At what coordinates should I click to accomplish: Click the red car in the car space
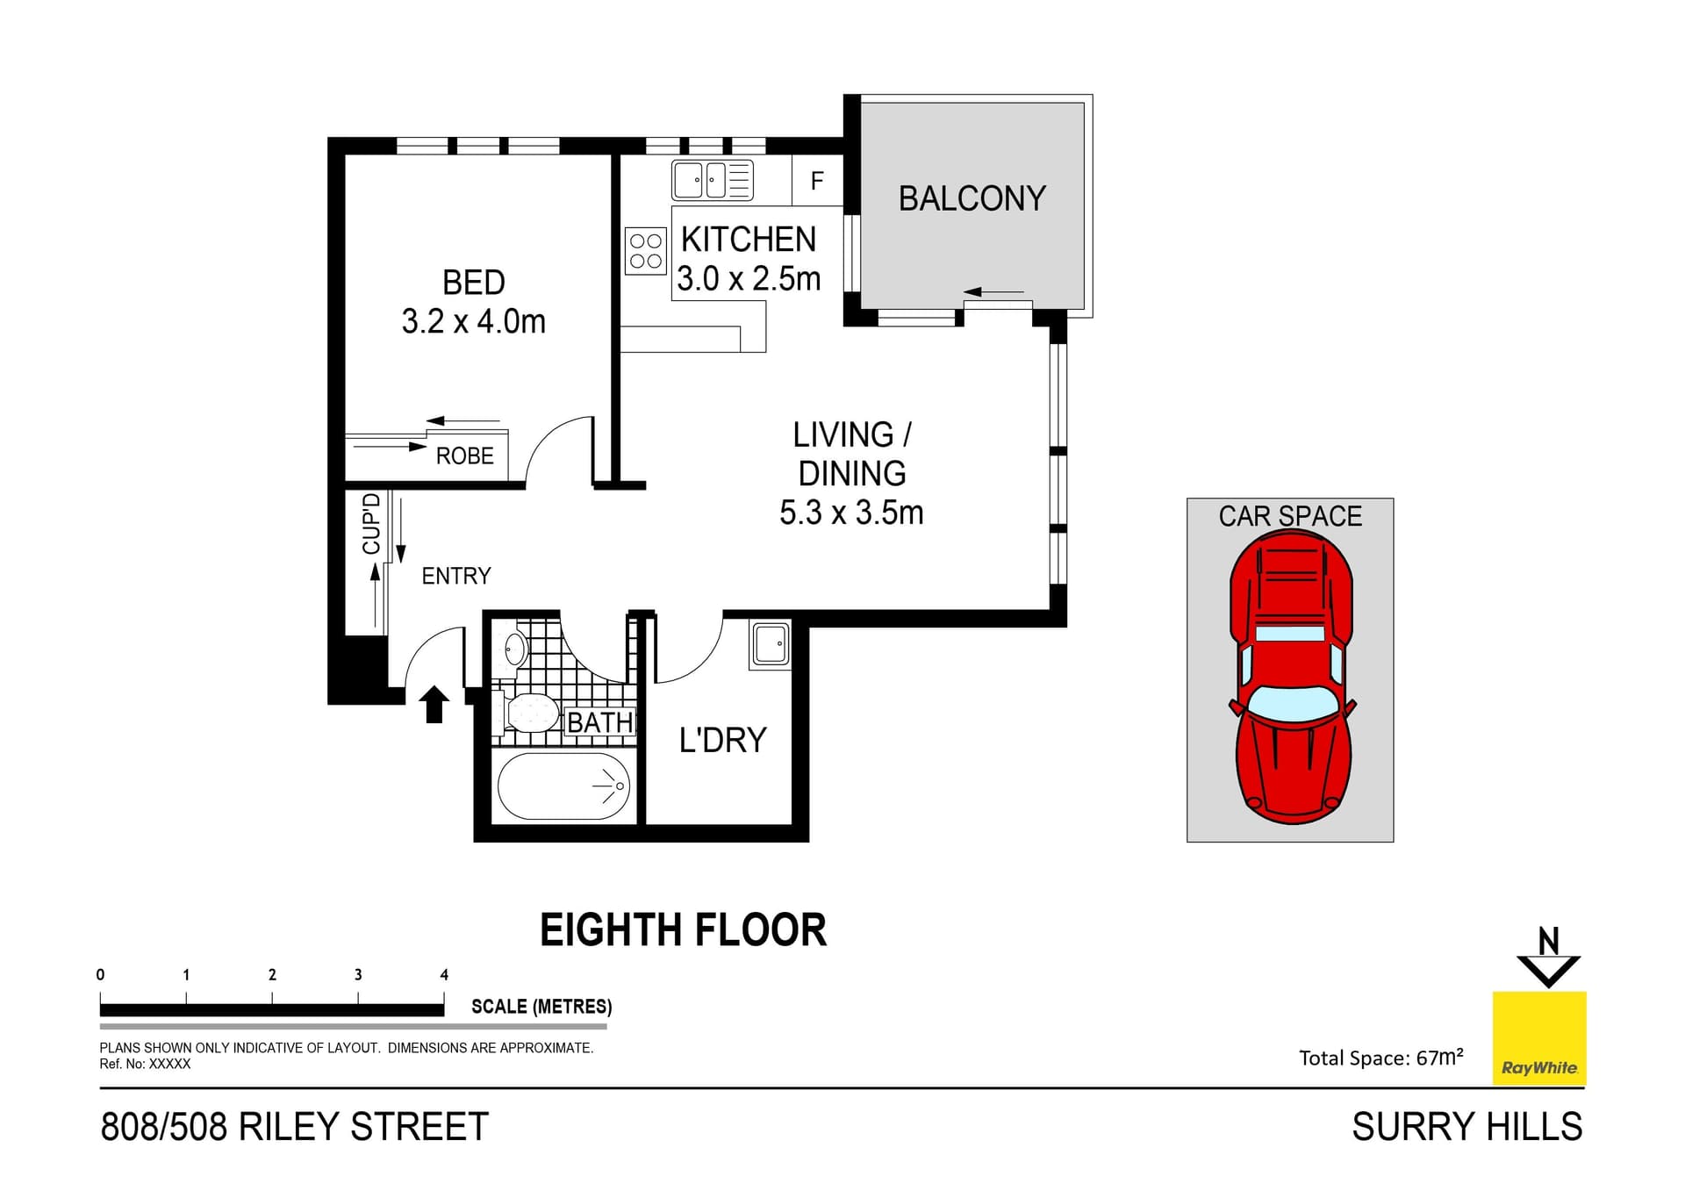pos(1291,676)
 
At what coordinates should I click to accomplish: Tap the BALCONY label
pos(972,198)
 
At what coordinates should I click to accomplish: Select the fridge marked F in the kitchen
pos(817,181)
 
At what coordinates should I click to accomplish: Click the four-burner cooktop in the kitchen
pos(646,250)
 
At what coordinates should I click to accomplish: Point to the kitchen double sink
pos(712,180)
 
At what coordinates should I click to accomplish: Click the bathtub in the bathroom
pos(563,786)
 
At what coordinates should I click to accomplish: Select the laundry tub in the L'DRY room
pos(770,645)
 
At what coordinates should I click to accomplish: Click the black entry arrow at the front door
pos(434,704)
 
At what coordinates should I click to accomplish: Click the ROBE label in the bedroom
pos(464,456)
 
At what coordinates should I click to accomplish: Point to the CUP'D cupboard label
pos(372,524)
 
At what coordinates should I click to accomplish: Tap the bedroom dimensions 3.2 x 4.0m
pos(473,322)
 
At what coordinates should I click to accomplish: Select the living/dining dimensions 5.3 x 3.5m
pos(850,513)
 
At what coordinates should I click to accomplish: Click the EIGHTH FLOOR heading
pos(683,930)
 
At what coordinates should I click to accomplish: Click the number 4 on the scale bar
pos(444,974)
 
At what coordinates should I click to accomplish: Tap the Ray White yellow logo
pos(1539,1038)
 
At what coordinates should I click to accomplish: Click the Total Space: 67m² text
pos(1380,1057)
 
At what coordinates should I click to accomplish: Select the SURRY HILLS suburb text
pos(1466,1127)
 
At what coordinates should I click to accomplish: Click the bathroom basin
pos(515,649)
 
